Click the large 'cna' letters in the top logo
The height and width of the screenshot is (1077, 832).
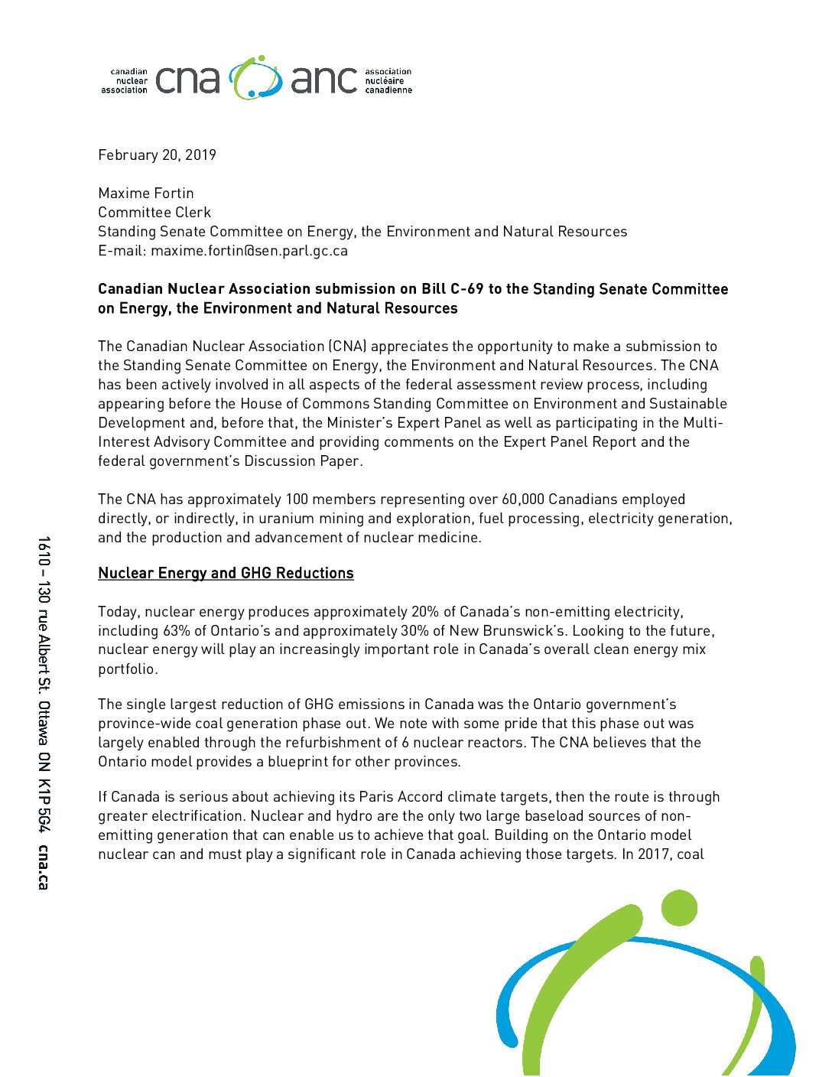(187, 80)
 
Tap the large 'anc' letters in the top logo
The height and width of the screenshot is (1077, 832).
(323, 80)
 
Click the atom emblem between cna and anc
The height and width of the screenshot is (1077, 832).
(255, 78)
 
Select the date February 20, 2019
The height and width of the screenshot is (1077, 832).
(157, 155)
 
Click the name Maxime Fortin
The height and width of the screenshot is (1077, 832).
(146, 194)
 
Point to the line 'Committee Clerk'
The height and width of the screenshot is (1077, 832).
(154, 213)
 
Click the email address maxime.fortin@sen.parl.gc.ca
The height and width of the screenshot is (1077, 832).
(249, 251)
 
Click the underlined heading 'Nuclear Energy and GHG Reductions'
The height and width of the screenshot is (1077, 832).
(226, 574)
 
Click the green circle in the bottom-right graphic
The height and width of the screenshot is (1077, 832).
(678, 908)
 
